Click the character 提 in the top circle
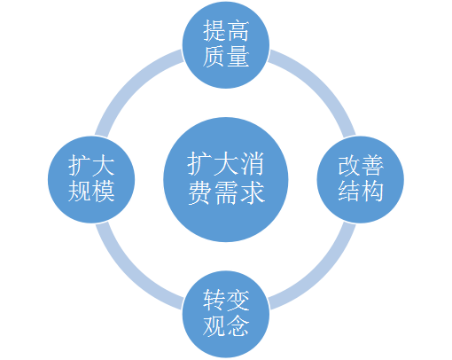pyautogui.click(x=214, y=31)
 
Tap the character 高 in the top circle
pyautogui.click(x=238, y=31)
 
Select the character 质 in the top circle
pyautogui.click(x=214, y=57)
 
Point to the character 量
pyautogui.click(x=238, y=57)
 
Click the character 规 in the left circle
pyautogui.click(x=80, y=192)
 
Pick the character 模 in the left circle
pyautogui.click(x=103, y=192)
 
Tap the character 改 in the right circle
pyautogui.click(x=349, y=166)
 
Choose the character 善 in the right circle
pyautogui.click(x=372, y=166)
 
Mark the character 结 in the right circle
pyautogui.click(x=349, y=192)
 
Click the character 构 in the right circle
pyautogui.click(x=372, y=192)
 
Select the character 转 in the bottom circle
pyautogui.click(x=214, y=301)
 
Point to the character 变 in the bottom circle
pyautogui.click(x=238, y=301)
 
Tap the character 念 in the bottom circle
pyautogui.click(x=238, y=325)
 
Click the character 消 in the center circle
pyautogui.click(x=252, y=164)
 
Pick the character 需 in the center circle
pyautogui.click(x=226, y=193)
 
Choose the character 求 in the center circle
pyautogui.click(x=252, y=193)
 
